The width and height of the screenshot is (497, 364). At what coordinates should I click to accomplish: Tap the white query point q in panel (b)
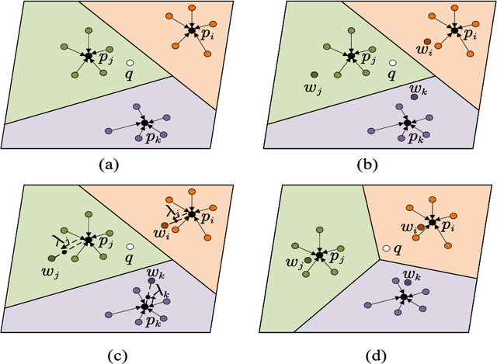click(x=394, y=63)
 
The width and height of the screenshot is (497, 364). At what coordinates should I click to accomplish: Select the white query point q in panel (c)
click(x=131, y=248)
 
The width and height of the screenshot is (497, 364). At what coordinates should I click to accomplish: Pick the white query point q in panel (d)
click(x=385, y=248)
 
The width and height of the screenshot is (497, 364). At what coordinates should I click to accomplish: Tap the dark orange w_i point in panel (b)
click(x=426, y=41)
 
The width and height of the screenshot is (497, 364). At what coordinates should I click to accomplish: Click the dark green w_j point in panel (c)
click(x=52, y=258)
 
